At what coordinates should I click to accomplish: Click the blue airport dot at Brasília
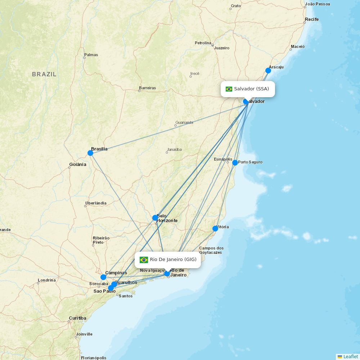point(90,153)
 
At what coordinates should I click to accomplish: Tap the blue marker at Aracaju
point(268,71)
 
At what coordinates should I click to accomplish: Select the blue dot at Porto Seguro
point(235,163)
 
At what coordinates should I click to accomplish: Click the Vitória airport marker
point(215,229)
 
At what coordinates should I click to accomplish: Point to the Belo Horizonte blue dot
point(155,218)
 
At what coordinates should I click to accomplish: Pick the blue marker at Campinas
point(103,277)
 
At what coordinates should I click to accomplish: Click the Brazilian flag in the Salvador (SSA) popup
point(229,89)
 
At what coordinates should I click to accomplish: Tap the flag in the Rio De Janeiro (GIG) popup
point(144,260)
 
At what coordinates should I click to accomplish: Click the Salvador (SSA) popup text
point(252,89)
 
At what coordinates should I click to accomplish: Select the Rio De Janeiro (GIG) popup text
point(173,260)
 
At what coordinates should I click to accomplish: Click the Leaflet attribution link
point(350,356)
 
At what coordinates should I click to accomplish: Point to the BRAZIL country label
point(44,75)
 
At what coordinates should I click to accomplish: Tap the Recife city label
point(312,19)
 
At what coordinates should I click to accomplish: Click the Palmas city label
point(91,55)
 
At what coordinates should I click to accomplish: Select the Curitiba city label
point(78,318)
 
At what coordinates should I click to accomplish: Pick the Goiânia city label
point(78,165)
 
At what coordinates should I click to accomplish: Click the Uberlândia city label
point(96,203)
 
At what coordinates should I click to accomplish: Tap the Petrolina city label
point(203,43)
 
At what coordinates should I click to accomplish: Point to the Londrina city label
point(47,280)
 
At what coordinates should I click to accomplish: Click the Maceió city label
point(298,46)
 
